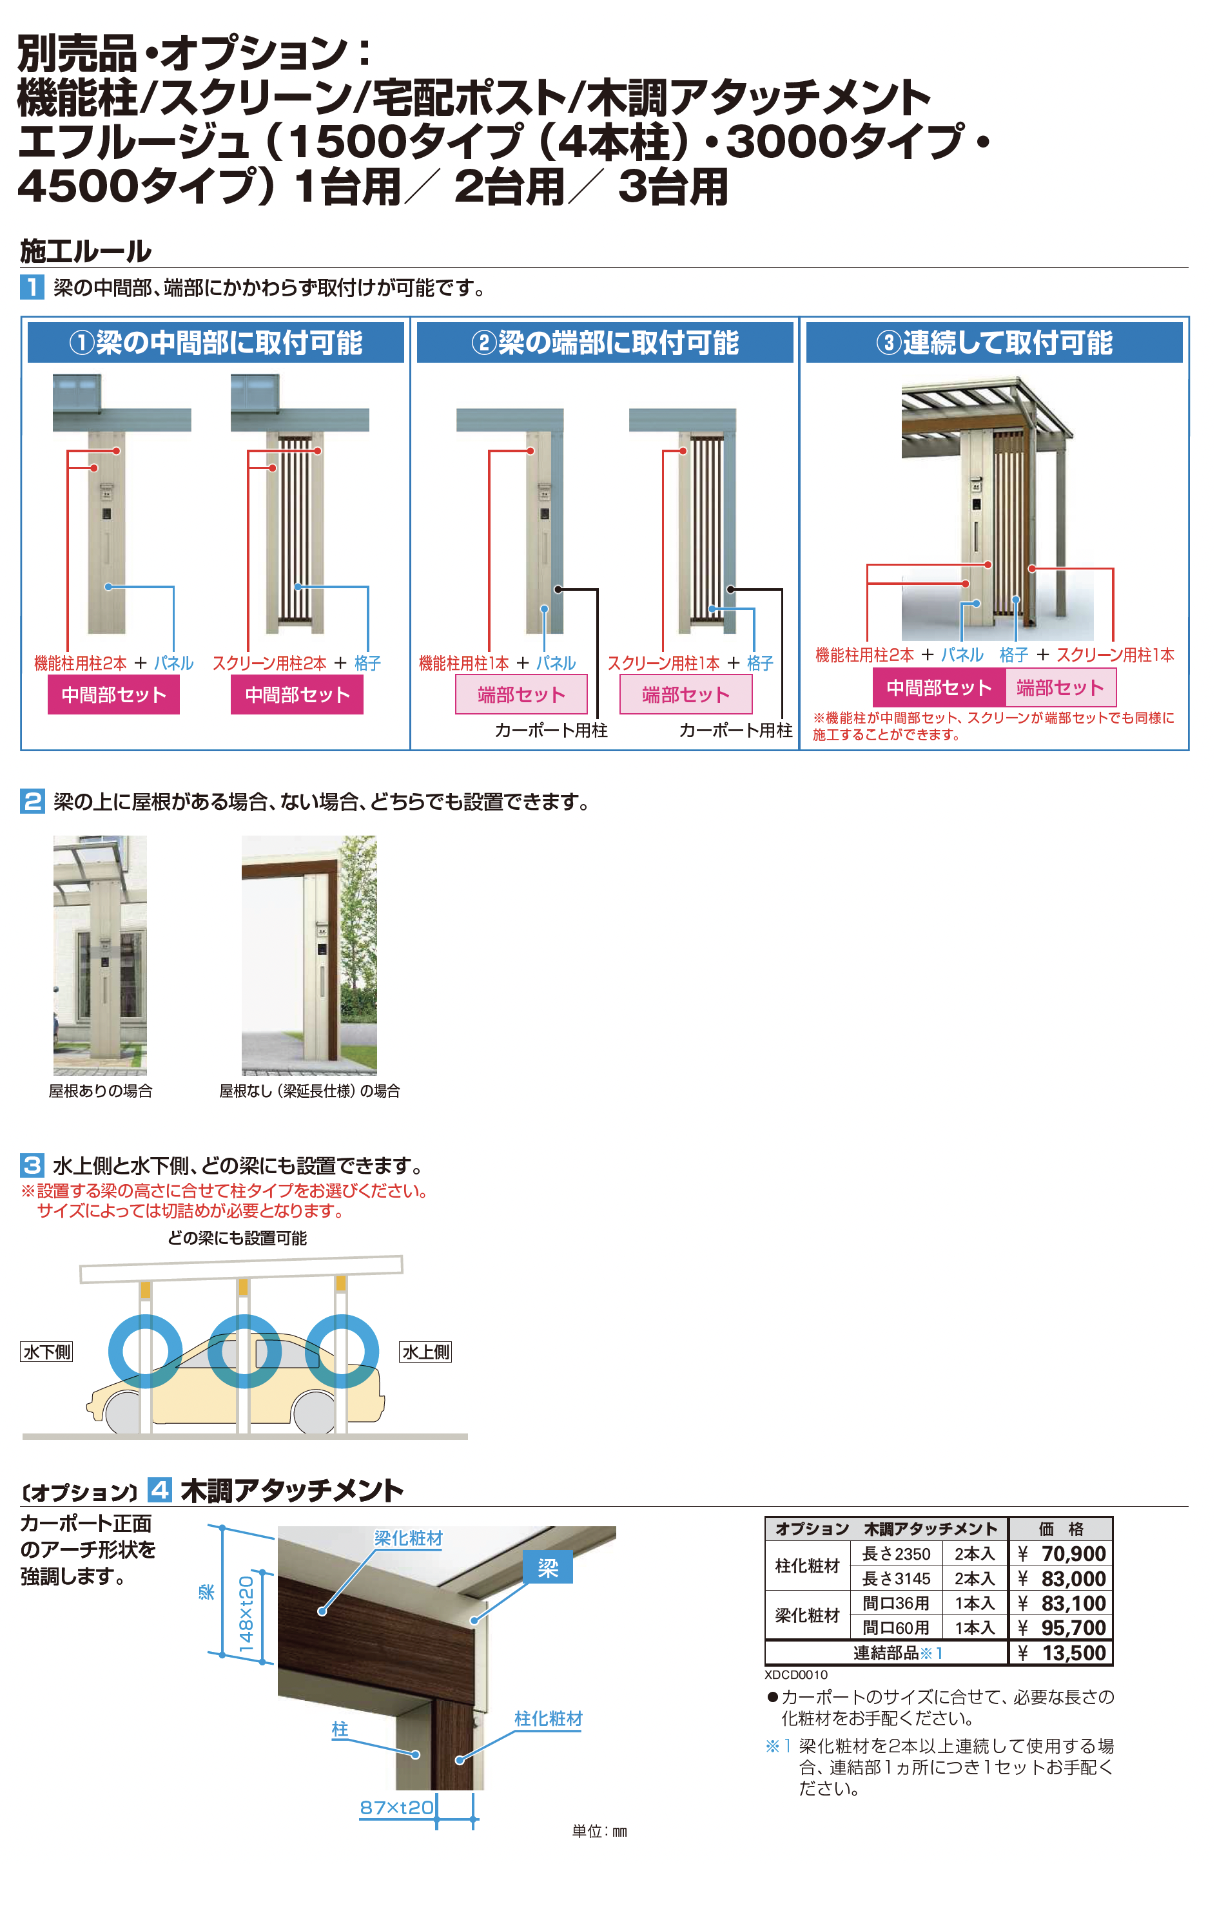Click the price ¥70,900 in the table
[x=1062, y=1553]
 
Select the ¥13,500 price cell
[x=1062, y=1653]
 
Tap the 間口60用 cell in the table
[x=896, y=1628]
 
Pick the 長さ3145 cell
[x=896, y=1578]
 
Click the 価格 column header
[x=1061, y=1529]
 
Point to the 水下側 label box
[x=47, y=1351]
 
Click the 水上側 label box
[x=426, y=1351]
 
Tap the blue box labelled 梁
[x=548, y=1567]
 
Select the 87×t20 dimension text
[x=396, y=1807]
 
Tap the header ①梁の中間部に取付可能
[x=216, y=343]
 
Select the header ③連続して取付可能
[x=994, y=343]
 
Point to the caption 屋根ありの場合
[x=101, y=1091]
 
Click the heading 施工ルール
[x=85, y=251]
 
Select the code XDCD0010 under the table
[x=796, y=1674]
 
